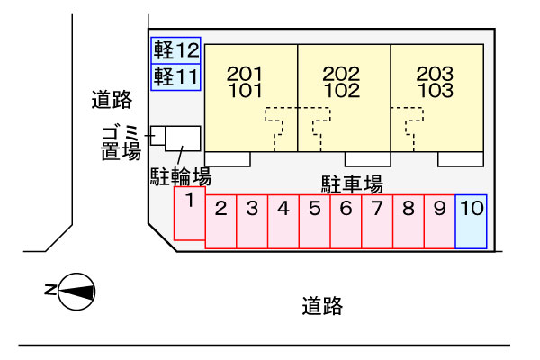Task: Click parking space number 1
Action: [x=190, y=213]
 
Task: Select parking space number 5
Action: [x=315, y=221]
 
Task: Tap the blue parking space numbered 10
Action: [x=471, y=221]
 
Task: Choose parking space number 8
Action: [x=409, y=221]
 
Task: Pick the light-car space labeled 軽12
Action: [x=176, y=50]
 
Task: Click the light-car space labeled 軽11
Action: [x=176, y=77]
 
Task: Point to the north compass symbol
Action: [x=70, y=292]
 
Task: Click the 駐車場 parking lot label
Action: [x=352, y=184]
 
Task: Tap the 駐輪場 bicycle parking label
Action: [x=181, y=176]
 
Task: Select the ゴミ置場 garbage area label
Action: [x=121, y=143]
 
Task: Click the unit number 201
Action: [x=245, y=74]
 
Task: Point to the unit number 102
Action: [x=342, y=90]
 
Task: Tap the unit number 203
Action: [x=435, y=74]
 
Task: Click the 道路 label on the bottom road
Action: [x=322, y=306]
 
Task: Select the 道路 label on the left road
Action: [x=112, y=100]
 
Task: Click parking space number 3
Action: [x=252, y=221]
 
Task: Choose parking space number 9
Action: [x=440, y=221]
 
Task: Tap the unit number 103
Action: [x=436, y=90]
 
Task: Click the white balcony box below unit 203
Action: [x=461, y=159]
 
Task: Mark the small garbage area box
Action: [x=158, y=136]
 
